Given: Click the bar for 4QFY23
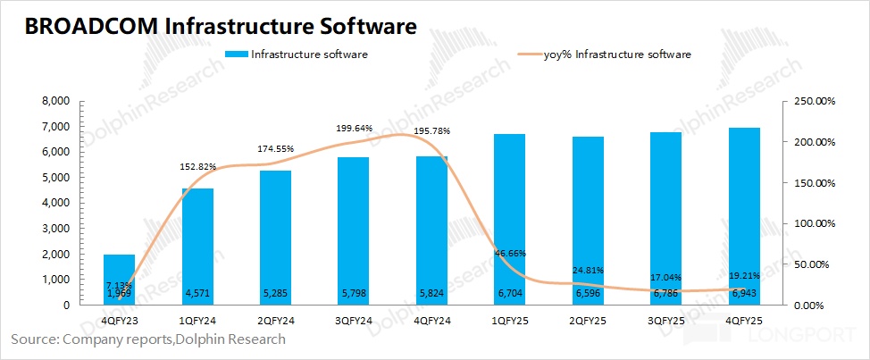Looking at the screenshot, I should [120, 280].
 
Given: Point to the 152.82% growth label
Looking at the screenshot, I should [196, 167].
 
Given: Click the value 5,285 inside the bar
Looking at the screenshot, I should [275, 293].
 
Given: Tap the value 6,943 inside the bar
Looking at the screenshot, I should [744, 293].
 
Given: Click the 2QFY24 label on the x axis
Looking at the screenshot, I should [275, 318].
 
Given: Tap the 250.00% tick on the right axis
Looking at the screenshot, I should [813, 102].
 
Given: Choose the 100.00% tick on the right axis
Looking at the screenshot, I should [813, 223].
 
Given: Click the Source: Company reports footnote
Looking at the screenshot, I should [148, 339].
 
